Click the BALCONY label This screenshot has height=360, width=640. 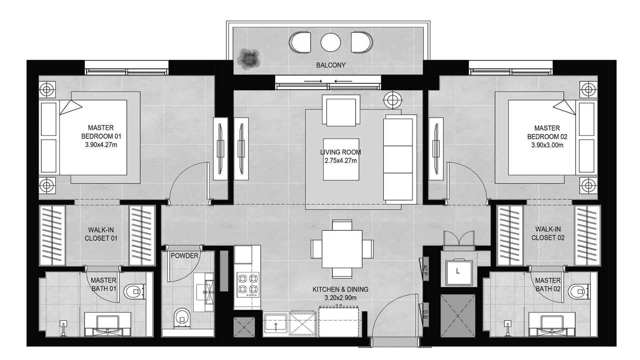[x=331, y=65]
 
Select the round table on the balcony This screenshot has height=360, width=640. [x=331, y=43]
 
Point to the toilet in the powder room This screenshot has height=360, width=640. [x=182, y=318]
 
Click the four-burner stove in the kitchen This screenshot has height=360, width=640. [x=248, y=285]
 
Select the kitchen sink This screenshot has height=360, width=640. [x=276, y=324]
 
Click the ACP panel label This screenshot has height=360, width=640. [x=425, y=270]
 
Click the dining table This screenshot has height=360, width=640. [x=342, y=249]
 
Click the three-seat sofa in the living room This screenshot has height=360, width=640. [x=399, y=159]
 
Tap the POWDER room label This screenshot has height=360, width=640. [x=184, y=256]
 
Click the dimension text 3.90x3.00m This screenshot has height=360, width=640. [x=547, y=145]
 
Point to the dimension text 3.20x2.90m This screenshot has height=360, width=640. [x=340, y=298]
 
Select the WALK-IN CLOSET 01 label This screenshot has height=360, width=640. [x=101, y=234]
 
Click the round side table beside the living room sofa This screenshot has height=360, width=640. [x=393, y=99]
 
